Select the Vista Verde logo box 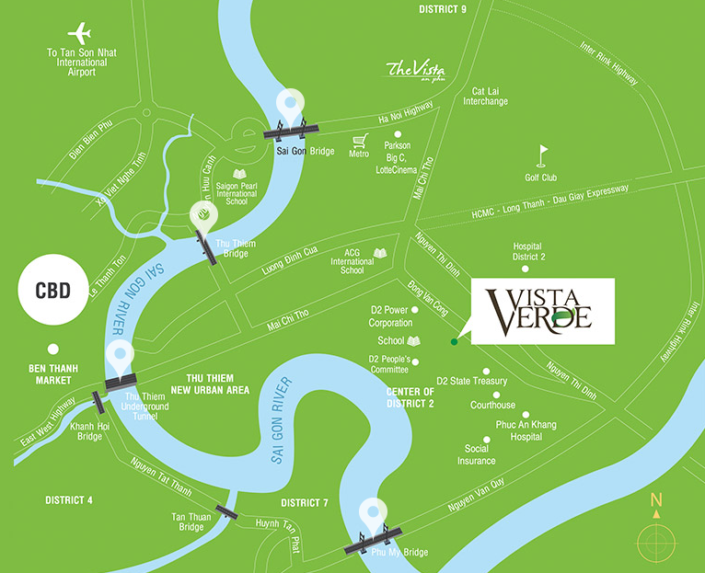tap(542, 311)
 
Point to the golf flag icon tap(545, 154)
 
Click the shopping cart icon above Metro tap(360, 141)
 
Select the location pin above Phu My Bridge tap(372, 513)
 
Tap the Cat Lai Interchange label tap(490, 96)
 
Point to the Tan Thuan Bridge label tap(191, 521)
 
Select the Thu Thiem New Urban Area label tap(218, 384)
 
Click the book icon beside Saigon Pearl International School tap(239, 173)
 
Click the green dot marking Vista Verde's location tap(454, 342)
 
